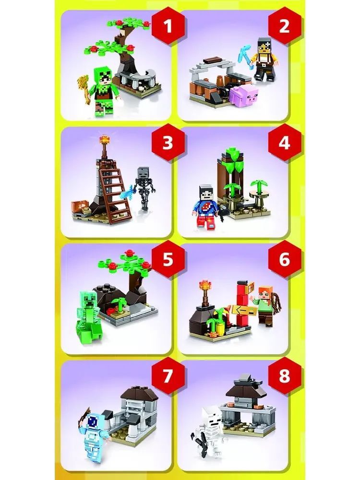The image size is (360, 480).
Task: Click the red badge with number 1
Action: tap(168, 26)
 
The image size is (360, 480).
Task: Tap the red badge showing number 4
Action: tap(284, 143)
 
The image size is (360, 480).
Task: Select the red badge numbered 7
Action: tap(167, 376)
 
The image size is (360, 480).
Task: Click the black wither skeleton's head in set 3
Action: tap(143, 173)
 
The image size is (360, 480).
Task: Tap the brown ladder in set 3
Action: tap(115, 192)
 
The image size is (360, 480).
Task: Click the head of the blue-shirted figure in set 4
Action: tap(206, 192)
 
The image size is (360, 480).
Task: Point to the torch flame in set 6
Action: tap(204, 286)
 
